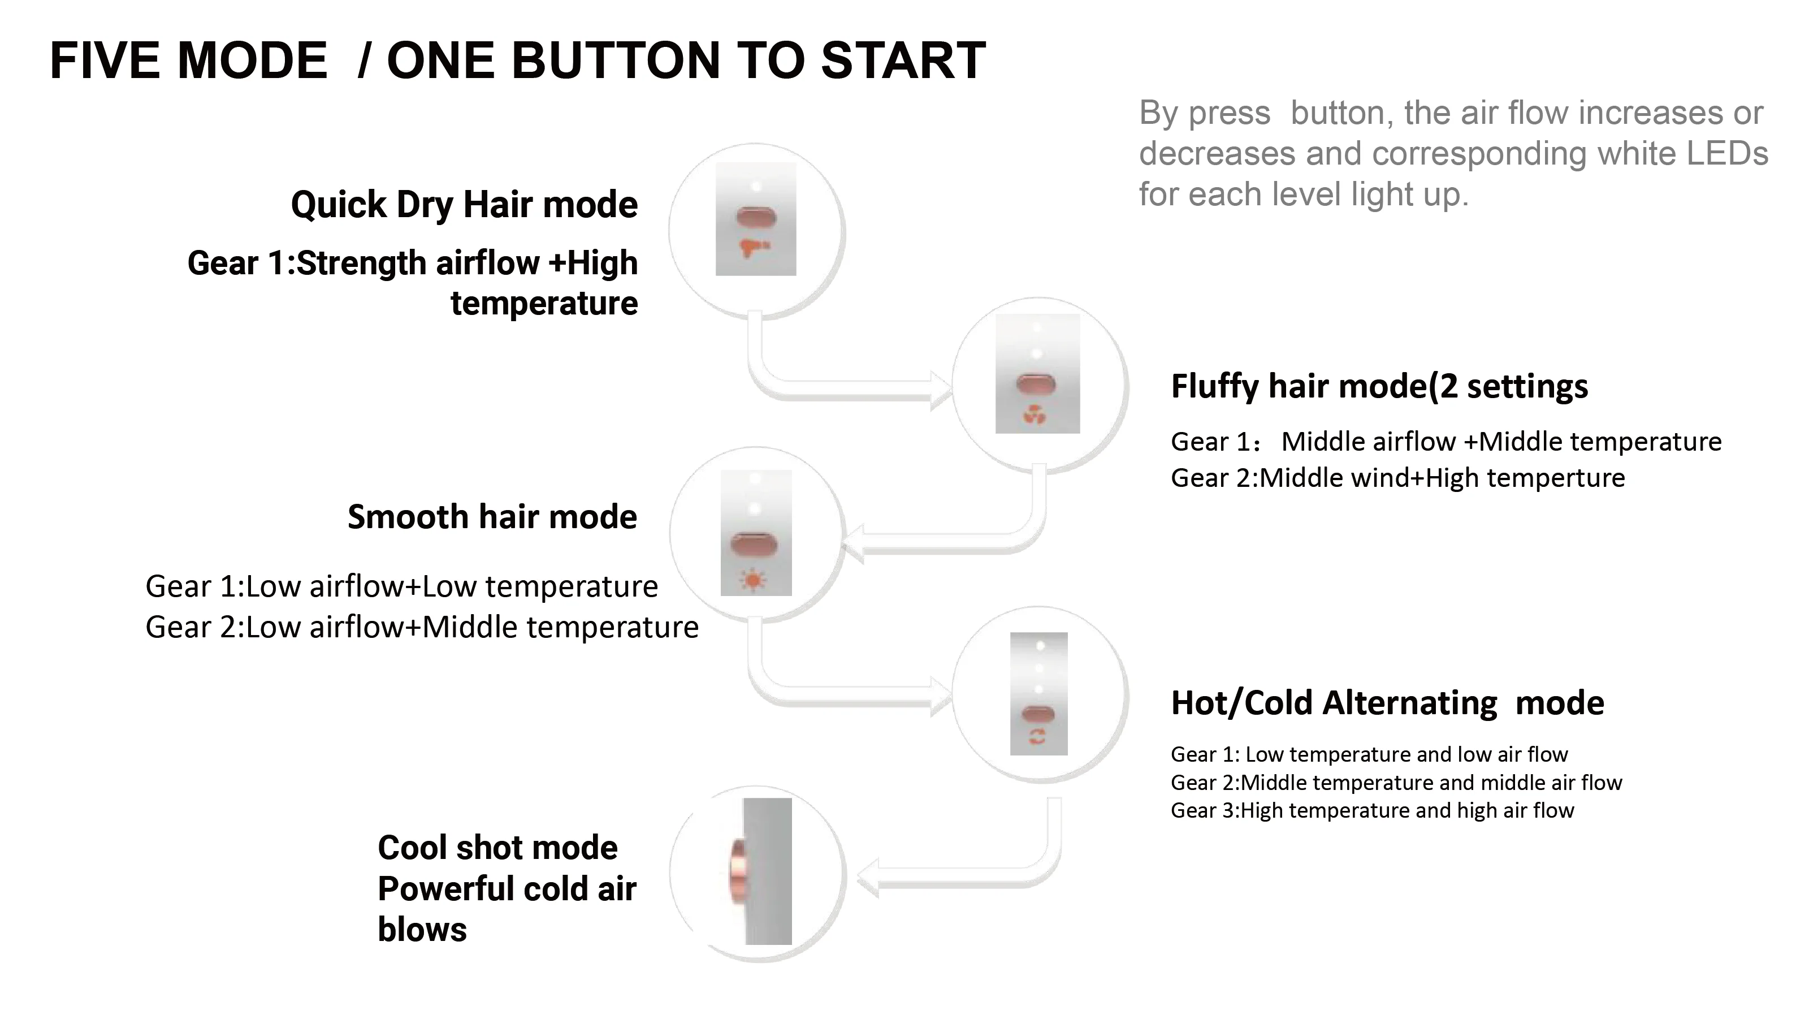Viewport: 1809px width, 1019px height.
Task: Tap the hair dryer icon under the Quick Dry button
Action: click(x=754, y=247)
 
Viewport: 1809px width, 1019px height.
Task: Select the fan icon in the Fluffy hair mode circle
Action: click(x=1035, y=416)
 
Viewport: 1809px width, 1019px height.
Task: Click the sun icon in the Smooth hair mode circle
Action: click(x=753, y=580)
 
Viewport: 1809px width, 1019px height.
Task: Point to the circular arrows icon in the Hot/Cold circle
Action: click(x=1037, y=737)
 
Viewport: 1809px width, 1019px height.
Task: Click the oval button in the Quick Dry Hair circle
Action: click(x=756, y=217)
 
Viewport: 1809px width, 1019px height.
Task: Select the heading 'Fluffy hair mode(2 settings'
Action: click(x=1379, y=386)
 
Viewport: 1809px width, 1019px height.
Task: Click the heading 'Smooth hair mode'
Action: click(x=492, y=517)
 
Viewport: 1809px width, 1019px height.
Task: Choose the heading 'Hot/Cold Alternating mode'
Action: click(x=1387, y=703)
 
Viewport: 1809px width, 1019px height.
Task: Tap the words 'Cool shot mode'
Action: click(x=497, y=848)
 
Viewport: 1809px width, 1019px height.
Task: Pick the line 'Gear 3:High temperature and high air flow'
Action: click(x=1371, y=810)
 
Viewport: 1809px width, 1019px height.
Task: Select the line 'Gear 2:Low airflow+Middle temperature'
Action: click(x=421, y=627)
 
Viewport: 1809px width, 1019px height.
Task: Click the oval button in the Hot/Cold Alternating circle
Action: click(x=1038, y=715)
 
